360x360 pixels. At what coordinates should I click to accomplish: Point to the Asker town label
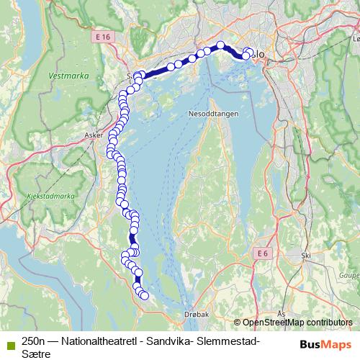(x=94, y=135)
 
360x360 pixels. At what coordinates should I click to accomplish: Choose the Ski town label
(x=306, y=255)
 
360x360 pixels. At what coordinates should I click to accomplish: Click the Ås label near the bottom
(x=282, y=314)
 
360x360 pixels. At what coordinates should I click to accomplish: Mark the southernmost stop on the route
(x=144, y=295)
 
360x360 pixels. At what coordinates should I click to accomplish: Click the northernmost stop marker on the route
(x=220, y=46)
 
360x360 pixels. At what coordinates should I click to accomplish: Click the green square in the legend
(x=8, y=342)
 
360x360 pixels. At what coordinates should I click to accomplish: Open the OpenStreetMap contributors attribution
(x=297, y=323)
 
